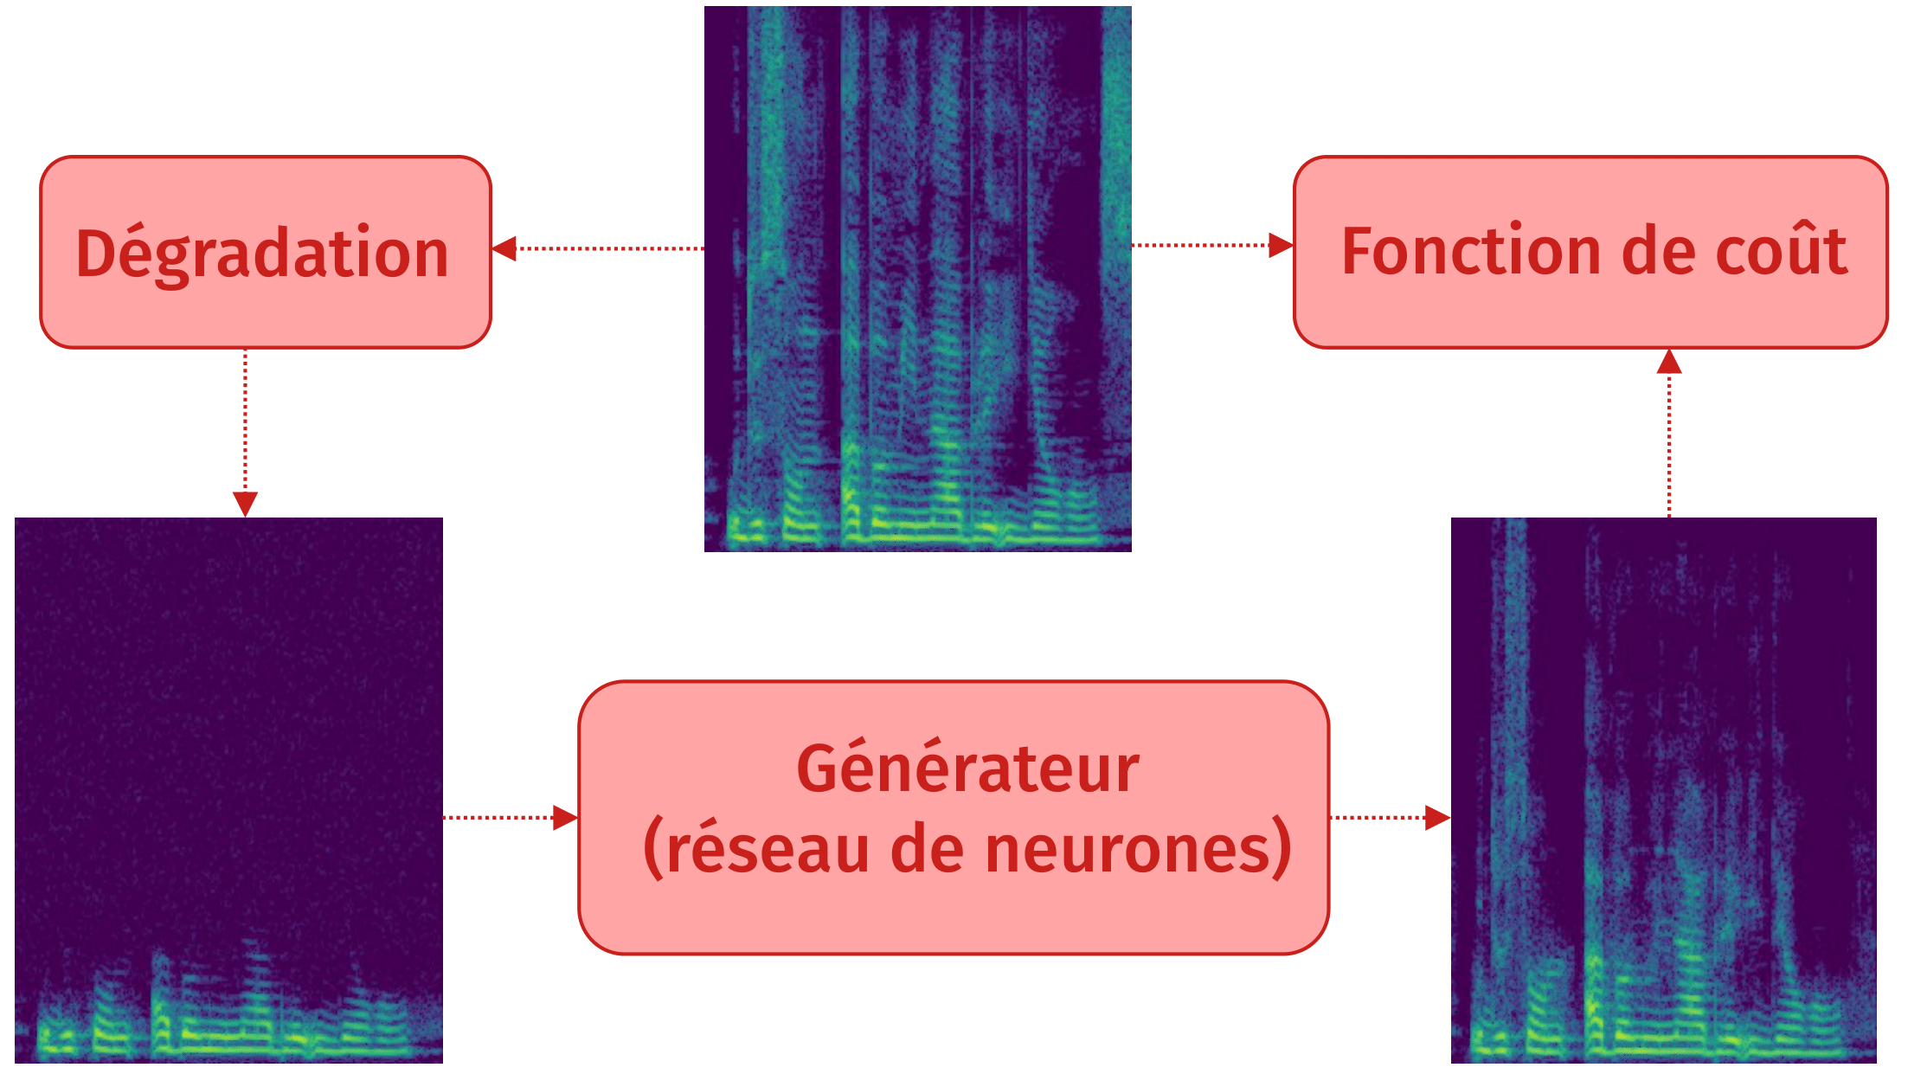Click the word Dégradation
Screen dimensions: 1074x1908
pyautogui.click(x=262, y=254)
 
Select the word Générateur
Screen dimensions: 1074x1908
pyautogui.click(x=967, y=769)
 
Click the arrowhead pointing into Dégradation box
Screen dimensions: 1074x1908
pyautogui.click(x=505, y=248)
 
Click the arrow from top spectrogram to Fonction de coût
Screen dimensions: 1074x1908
pyautogui.click(x=1211, y=246)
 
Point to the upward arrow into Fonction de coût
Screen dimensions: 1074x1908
pyautogui.click(x=1668, y=433)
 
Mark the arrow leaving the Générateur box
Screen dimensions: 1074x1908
pyautogui.click(x=1388, y=817)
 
